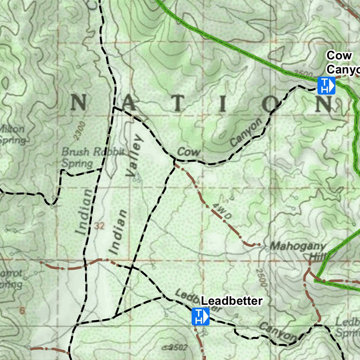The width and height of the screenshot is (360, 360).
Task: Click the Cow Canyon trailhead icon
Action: (x=326, y=86)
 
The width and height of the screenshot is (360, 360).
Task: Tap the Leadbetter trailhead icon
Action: (x=200, y=316)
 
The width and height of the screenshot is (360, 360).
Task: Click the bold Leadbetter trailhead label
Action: (x=232, y=301)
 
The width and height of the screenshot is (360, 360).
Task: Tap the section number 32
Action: (x=100, y=227)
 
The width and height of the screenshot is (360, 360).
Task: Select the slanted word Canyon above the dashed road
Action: (x=246, y=133)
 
